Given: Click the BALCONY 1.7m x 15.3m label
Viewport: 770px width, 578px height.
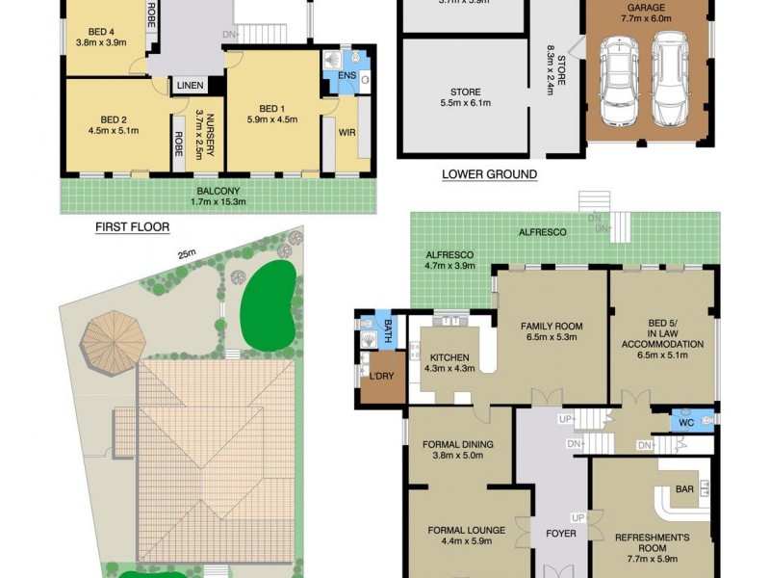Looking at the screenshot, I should [x=218, y=196].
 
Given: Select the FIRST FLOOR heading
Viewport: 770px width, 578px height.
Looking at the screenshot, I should [x=132, y=227].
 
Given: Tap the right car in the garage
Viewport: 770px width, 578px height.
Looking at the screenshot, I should [x=670, y=79].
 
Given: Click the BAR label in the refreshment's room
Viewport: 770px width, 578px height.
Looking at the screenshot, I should [x=684, y=489].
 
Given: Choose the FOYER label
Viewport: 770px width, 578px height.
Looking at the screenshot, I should [x=561, y=533].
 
